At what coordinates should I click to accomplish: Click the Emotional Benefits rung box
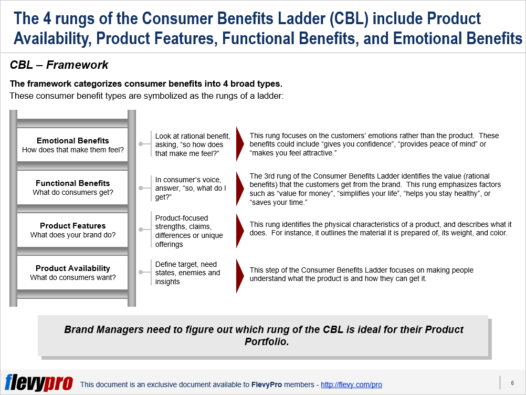[x=73, y=145]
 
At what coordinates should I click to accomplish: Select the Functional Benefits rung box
[x=73, y=188]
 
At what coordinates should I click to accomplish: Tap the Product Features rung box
[x=73, y=230]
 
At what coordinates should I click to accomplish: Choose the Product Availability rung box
[x=73, y=273]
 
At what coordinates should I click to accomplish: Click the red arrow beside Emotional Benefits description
[x=240, y=144]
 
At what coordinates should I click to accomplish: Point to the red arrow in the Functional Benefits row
[x=240, y=188]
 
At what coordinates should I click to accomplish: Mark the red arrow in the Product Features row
[x=240, y=228]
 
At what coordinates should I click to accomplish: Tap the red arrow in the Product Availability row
[x=240, y=274]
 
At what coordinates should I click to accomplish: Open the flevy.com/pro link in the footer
[x=351, y=384]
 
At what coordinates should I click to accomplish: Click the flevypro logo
[x=39, y=383]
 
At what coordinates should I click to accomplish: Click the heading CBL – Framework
[x=59, y=65]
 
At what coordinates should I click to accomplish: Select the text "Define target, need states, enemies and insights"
[x=187, y=273]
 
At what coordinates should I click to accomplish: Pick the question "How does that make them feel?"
[x=73, y=150]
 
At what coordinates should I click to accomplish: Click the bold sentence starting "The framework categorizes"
[x=146, y=84]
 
